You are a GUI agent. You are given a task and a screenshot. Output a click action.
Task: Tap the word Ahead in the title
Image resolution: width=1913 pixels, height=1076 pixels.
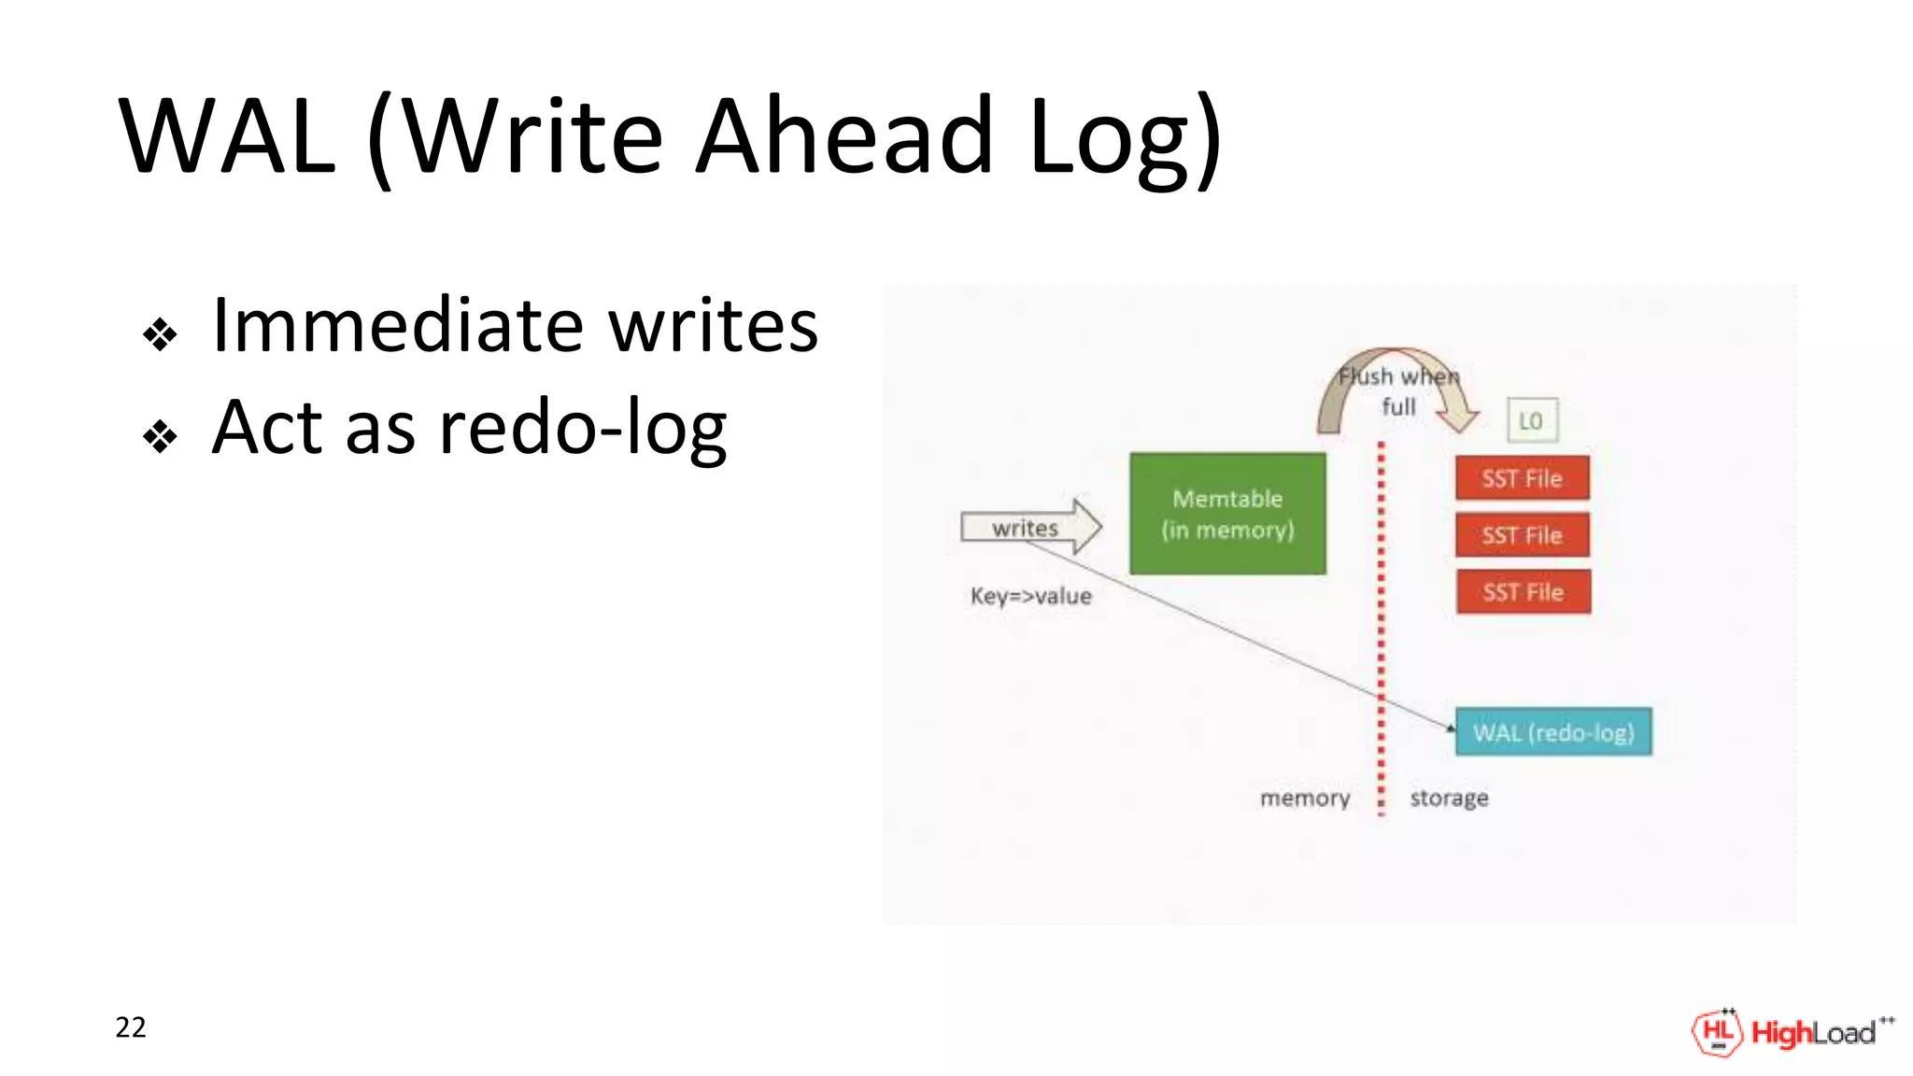(845, 137)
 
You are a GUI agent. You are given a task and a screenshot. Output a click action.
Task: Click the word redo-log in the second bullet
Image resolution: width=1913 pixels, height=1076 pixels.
(583, 428)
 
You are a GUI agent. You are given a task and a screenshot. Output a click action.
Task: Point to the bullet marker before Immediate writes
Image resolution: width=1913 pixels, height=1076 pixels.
(160, 334)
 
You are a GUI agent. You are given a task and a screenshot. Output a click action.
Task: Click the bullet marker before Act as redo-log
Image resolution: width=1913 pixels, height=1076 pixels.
(160, 436)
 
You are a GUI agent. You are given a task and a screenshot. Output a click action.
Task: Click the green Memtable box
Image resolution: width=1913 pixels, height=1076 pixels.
(1226, 514)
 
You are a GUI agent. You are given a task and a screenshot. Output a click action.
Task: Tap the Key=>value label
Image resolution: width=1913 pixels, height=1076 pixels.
(1030, 596)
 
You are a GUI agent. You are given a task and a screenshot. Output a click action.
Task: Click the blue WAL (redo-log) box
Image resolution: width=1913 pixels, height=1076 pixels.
(1553, 732)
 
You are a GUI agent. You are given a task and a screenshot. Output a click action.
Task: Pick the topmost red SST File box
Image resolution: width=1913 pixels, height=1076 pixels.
(1522, 478)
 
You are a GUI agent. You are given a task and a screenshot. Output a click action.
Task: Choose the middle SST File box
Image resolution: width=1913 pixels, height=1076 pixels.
(1522, 535)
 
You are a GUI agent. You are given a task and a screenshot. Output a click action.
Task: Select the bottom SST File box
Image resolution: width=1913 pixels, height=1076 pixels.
(1523, 592)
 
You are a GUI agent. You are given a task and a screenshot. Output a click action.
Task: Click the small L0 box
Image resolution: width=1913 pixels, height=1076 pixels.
(1531, 421)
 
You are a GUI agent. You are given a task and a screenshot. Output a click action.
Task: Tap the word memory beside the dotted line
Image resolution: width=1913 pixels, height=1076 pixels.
(1305, 799)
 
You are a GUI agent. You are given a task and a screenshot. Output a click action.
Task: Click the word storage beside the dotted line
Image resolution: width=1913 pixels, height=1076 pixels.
(1449, 799)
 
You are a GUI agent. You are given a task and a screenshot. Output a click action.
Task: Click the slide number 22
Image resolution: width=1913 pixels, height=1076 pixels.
(131, 1027)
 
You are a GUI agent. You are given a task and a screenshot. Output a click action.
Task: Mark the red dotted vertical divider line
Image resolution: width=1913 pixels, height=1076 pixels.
(1382, 635)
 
